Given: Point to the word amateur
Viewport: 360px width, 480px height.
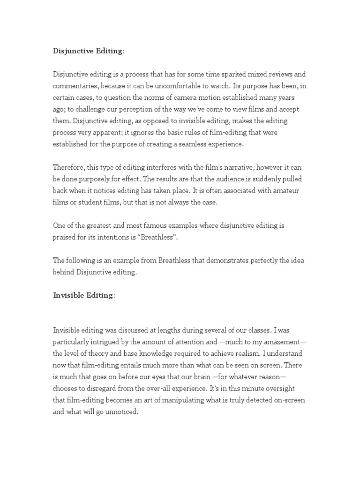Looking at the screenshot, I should coord(291,190).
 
